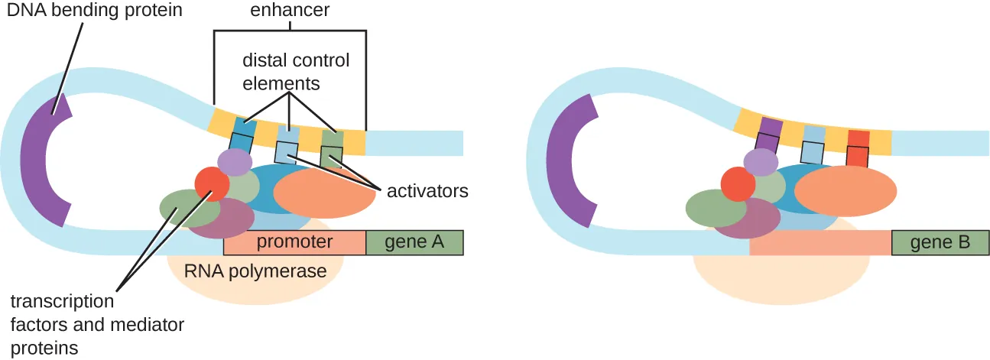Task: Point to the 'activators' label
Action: point(427,191)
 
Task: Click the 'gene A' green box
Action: point(414,242)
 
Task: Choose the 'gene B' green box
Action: point(940,243)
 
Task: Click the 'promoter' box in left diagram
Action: point(294,242)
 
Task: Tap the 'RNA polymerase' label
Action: point(255,271)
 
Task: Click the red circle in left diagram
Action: point(212,184)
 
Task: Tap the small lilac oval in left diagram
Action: point(235,162)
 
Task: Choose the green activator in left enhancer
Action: point(332,149)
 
